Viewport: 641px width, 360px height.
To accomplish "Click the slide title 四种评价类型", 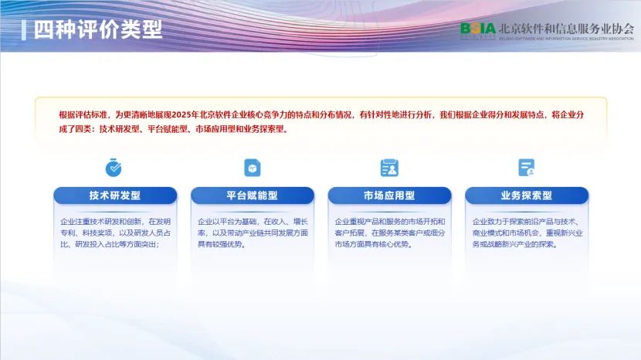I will (x=97, y=29).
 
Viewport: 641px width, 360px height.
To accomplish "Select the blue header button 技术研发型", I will (x=114, y=195).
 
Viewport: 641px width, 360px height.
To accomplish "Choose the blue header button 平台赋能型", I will (x=252, y=195).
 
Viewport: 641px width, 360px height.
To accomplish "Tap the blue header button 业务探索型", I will (x=526, y=195).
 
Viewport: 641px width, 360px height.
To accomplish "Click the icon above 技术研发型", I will (x=114, y=167).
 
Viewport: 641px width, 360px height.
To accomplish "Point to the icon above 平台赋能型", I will (x=252, y=167).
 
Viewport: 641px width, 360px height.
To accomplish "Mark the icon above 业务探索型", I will (x=526, y=167).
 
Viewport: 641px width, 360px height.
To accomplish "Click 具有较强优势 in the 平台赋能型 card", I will (x=221, y=244).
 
